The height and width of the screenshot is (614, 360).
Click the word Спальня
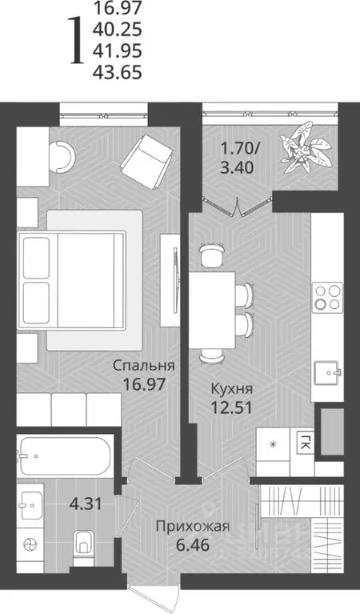tap(144, 366)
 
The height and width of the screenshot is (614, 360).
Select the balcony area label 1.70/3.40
tap(240, 158)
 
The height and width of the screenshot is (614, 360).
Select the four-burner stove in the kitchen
tap(327, 296)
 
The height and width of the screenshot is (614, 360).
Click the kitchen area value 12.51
tap(226, 407)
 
